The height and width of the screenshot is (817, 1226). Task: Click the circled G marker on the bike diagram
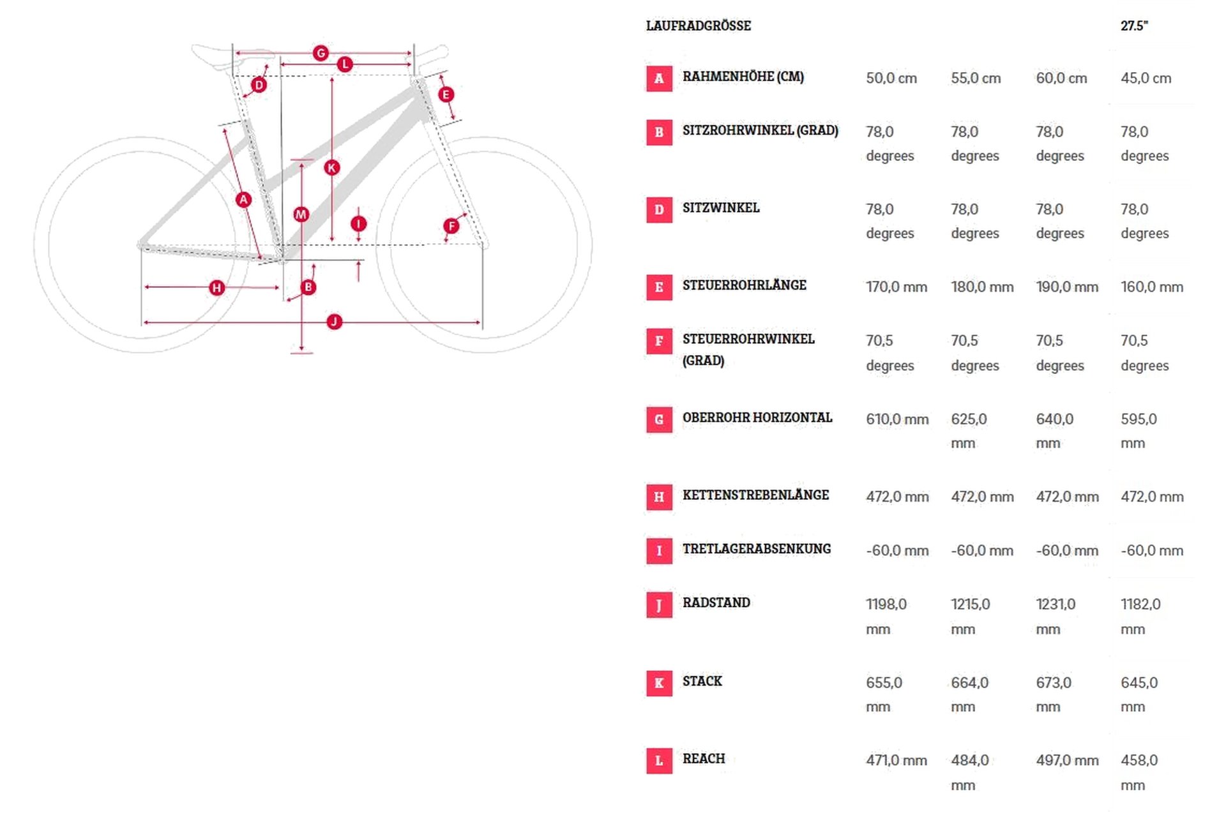coord(321,53)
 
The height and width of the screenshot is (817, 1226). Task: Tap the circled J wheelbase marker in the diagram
coord(334,322)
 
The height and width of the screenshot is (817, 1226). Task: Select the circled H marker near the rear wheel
coord(217,288)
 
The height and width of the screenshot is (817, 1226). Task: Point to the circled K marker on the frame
coord(331,168)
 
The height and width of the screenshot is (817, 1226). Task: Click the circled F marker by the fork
coord(451,225)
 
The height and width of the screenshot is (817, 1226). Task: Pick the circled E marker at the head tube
coord(446,94)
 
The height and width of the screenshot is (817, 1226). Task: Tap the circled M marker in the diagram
coord(301,214)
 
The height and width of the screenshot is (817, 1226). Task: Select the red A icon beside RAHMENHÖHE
coord(659,79)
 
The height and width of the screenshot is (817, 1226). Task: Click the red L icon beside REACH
coord(659,761)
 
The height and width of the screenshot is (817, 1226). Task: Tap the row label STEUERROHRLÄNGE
coord(745,285)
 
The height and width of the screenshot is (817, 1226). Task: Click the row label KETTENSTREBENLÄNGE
coord(756,495)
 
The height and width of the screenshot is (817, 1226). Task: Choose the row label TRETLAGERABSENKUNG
coord(757,549)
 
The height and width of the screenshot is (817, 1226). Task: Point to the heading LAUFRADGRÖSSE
coord(699,26)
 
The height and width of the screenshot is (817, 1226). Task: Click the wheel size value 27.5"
coord(1135,26)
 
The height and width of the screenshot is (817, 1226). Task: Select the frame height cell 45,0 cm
coord(1146,79)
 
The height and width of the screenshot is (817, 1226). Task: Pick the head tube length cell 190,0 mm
coord(1067,287)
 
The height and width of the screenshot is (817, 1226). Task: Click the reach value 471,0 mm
coord(897,761)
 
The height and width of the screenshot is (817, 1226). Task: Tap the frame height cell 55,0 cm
coord(976,79)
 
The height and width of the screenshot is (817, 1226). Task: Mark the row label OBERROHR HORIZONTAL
coord(757,417)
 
